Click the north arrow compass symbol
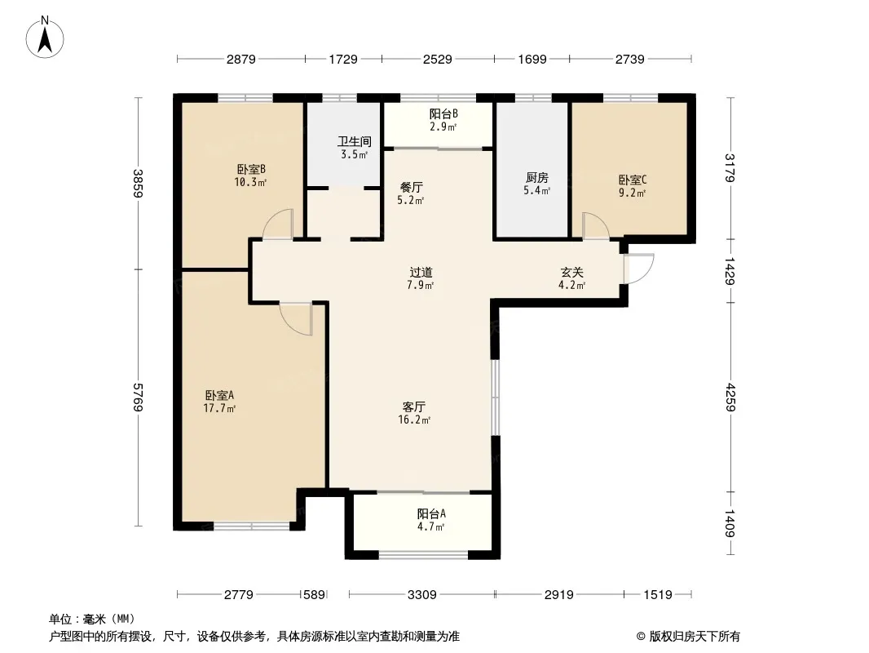pos(45,38)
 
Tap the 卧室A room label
pos(219,396)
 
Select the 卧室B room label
pos(252,169)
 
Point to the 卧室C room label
pos(633,180)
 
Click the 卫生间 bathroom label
pos(355,141)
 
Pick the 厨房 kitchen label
pos(537,178)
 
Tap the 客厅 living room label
pos(414,406)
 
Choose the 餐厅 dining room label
pos(411,188)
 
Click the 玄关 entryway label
pos(572,273)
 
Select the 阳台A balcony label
pos(431,513)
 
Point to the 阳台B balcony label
pos(443,113)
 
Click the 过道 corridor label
pos(421,273)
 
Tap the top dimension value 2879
pos(241,59)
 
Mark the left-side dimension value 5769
pos(138,398)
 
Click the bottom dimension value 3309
pos(421,595)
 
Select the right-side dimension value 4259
pos(730,398)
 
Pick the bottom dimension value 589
pos(314,595)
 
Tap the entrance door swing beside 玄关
pos(639,269)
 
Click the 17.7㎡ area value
pos(219,409)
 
